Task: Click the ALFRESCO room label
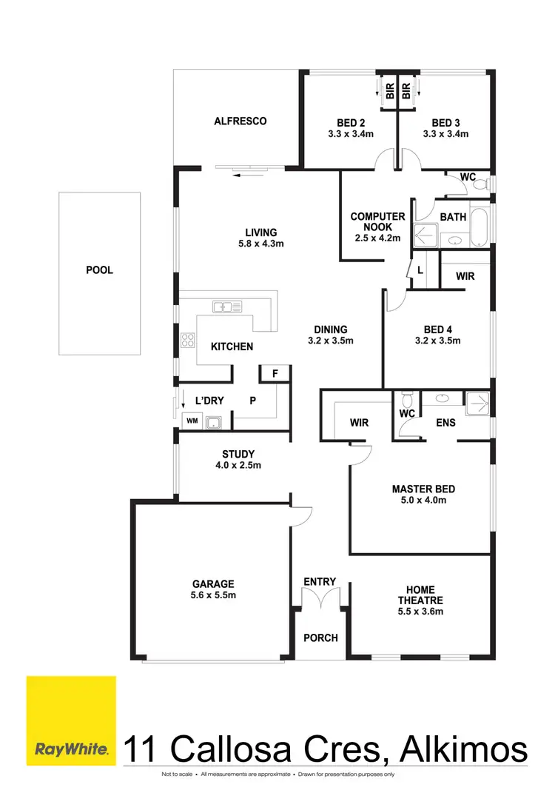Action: pyautogui.click(x=240, y=121)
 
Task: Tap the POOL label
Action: pyautogui.click(x=99, y=270)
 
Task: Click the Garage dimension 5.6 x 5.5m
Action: pyautogui.click(x=214, y=595)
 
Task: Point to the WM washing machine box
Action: pyautogui.click(x=192, y=421)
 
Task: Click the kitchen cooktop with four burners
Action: pyautogui.click(x=187, y=341)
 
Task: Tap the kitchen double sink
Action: pyautogui.click(x=223, y=306)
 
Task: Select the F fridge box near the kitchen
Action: pyautogui.click(x=275, y=374)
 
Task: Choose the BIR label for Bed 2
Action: pyautogui.click(x=389, y=90)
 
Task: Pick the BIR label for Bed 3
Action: pyautogui.click(x=406, y=90)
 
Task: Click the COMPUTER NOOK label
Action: pyautogui.click(x=377, y=222)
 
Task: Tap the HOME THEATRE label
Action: pyautogui.click(x=420, y=595)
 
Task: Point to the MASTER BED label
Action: pyautogui.click(x=423, y=489)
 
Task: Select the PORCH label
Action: pyautogui.click(x=320, y=638)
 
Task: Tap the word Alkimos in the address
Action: pyautogui.click(x=465, y=749)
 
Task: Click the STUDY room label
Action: pyautogui.click(x=238, y=454)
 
